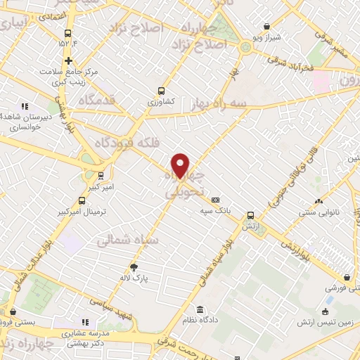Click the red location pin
pyautogui.click(x=181, y=165)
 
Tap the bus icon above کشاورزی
pyautogui.click(x=162, y=91)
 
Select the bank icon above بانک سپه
pyautogui.click(x=215, y=199)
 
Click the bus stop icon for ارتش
pyautogui.click(x=251, y=215)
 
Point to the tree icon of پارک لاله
pyautogui.click(x=134, y=266)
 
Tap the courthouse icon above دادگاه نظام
pyautogui.click(x=200, y=310)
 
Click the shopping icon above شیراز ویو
pyautogui.click(x=267, y=26)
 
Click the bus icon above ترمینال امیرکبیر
pyautogui.click(x=101, y=176)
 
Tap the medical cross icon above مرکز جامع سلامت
pyautogui.click(x=68, y=60)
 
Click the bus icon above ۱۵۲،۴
pyautogui.click(x=68, y=33)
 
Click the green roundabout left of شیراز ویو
pyautogui.click(x=245, y=47)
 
